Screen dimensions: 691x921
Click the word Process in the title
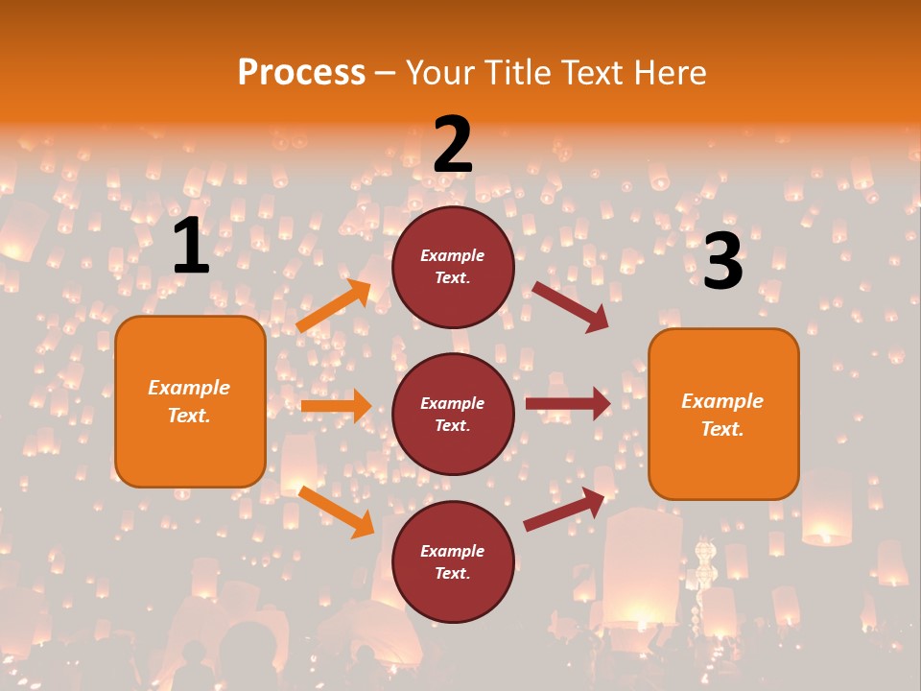pyautogui.click(x=301, y=73)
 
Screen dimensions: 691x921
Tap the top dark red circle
pyautogui.click(x=453, y=267)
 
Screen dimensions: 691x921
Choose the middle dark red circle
pyautogui.click(x=453, y=414)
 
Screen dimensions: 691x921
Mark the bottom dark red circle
pyautogui.click(x=453, y=561)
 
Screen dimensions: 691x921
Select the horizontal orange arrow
pyautogui.click(x=336, y=406)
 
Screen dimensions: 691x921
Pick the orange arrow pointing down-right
pyautogui.click(x=336, y=511)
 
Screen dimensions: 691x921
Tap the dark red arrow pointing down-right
pyautogui.click(x=570, y=306)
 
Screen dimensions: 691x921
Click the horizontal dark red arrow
pyautogui.click(x=568, y=404)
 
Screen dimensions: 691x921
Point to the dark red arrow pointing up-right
pyautogui.click(x=565, y=509)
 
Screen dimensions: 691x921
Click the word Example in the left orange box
pyautogui.click(x=189, y=388)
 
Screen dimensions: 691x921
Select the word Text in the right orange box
pyautogui.click(x=722, y=429)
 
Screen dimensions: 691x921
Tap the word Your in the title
pyautogui.click(x=438, y=73)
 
